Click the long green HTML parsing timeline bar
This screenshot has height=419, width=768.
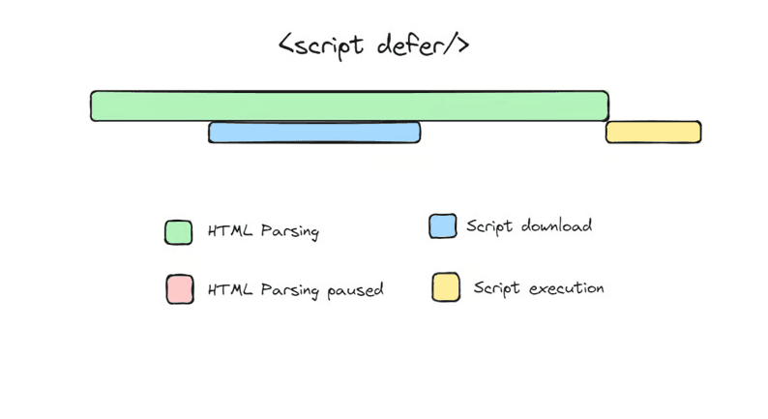click(349, 105)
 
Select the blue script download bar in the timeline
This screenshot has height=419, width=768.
click(314, 133)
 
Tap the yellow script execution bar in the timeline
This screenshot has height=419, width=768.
click(653, 133)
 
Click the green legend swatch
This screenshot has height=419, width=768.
click(179, 232)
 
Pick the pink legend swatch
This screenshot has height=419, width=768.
click(180, 289)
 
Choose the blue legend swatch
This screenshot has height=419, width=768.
click(443, 226)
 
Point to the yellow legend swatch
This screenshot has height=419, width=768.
click(446, 287)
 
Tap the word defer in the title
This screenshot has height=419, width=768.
click(411, 45)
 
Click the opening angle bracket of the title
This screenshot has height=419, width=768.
click(286, 46)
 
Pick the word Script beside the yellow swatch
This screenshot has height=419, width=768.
click(496, 288)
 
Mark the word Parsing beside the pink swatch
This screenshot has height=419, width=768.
click(289, 290)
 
